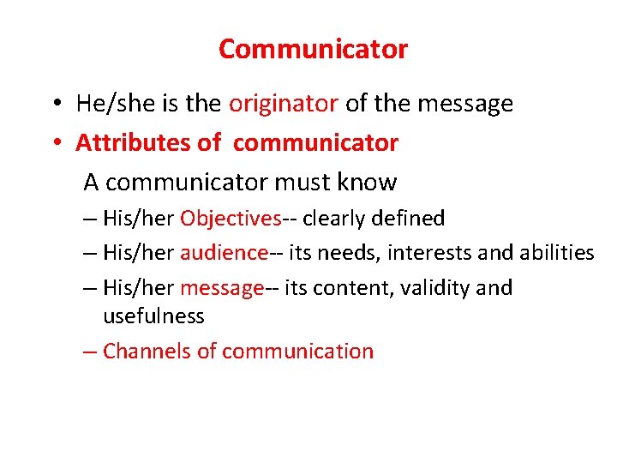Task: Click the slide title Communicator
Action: click(313, 49)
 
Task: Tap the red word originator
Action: click(284, 105)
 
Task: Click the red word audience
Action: click(224, 253)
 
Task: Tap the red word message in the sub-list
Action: click(220, 288)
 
